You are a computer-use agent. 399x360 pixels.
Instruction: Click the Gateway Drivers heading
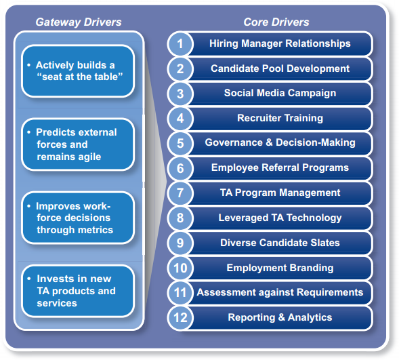tap(79, 22)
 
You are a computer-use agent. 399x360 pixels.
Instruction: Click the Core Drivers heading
tap(276, 22)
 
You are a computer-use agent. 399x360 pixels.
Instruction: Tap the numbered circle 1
tap(180, 44)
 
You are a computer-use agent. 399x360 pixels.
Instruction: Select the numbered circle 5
tap(180, 143)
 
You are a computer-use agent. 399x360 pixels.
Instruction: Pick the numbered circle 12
tap(180, 318)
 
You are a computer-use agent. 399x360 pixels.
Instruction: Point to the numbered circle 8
tap(180, 218)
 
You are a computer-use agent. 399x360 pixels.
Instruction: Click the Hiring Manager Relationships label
tap(280, 43)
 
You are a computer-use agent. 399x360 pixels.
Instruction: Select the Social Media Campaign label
tap(280, 93)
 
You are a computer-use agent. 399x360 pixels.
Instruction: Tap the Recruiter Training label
tap(280, 118)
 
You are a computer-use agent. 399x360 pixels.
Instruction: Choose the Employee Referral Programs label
tap(280, 167)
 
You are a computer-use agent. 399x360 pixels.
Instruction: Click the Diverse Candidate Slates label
tap(280, 243)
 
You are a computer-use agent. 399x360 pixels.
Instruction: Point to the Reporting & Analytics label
tap(280, 317)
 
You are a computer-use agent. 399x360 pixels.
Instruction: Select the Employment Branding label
tap(280, 268)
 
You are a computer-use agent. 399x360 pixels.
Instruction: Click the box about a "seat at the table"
tap(78, 71)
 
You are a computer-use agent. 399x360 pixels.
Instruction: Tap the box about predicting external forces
tap(78, 144)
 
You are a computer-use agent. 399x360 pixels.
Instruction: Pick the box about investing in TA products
tap(78, 291)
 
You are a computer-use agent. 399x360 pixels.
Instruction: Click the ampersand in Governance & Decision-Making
tap(269, 142)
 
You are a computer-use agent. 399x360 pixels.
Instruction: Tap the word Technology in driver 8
tap(314, 218)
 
